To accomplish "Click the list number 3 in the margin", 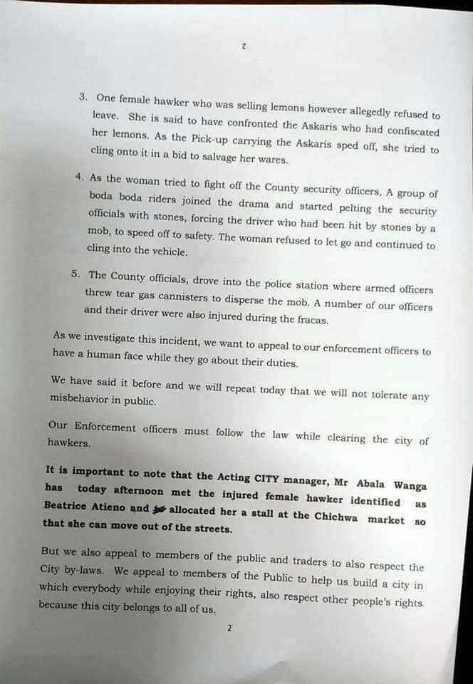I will (83, 96).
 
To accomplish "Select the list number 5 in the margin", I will (76, 274).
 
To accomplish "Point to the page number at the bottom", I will (229, 628).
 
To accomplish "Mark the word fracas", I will (308, 321).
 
